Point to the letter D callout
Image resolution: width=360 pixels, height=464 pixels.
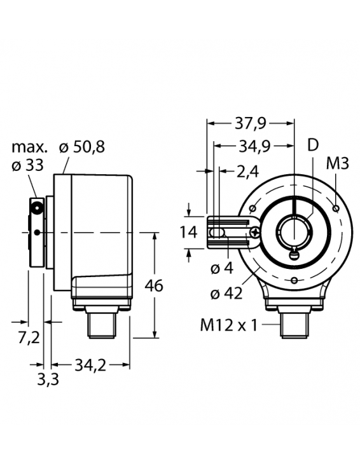pos(313,146)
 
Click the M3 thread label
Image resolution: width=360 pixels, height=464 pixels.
pos(338,163)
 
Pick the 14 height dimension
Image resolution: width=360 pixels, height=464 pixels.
pos(188,233)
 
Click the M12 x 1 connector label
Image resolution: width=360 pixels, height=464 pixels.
pos(228,326)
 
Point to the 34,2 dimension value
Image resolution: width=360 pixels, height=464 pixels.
pos(90,365)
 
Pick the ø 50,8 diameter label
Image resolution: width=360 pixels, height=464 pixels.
pos(81,147)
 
